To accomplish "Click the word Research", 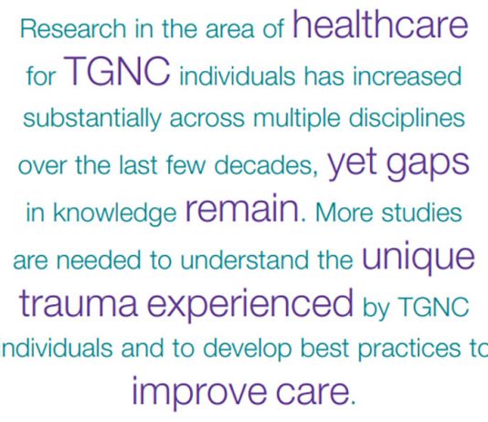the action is pos(73,28).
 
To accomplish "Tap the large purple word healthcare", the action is pos(380,25).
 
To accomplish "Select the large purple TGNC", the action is pos(117,71).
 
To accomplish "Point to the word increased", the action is pos(407,76).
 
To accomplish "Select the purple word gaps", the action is pos(428,165).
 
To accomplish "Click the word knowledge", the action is pos(114,214).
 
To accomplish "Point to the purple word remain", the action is pos(243,208).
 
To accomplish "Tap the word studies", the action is pos(421,213).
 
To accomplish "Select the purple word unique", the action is pos(419,259).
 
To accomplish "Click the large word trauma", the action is pos(79,302).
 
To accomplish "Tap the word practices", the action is pos(408,349).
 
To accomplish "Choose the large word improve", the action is pos(199,391).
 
